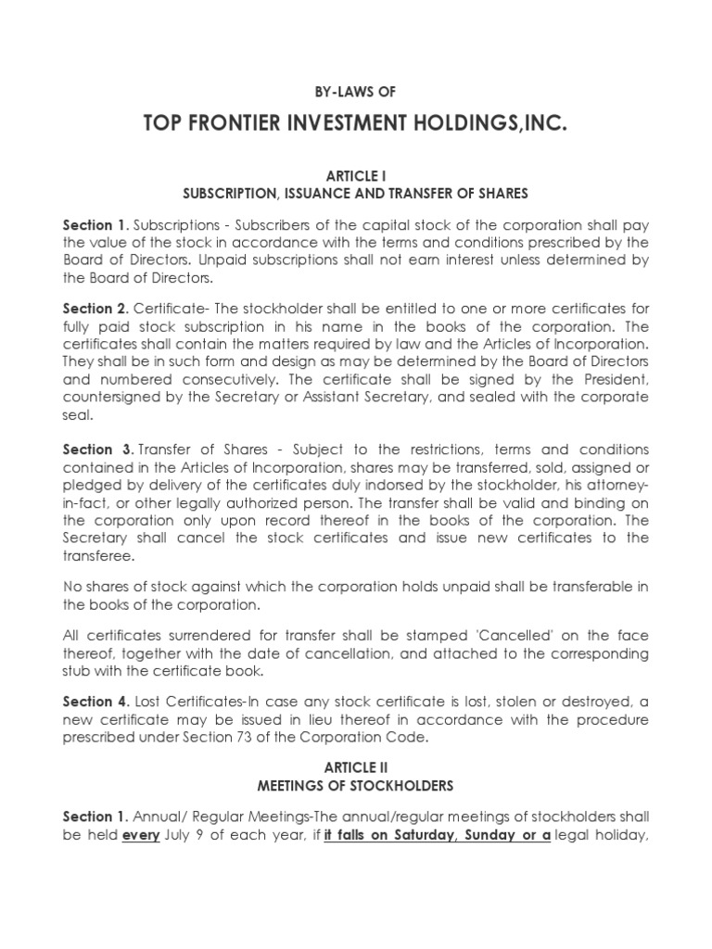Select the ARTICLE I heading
[355, 177]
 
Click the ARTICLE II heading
[355, 768]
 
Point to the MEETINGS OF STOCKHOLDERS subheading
[355, 786]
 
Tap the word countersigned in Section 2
[108, 398]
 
